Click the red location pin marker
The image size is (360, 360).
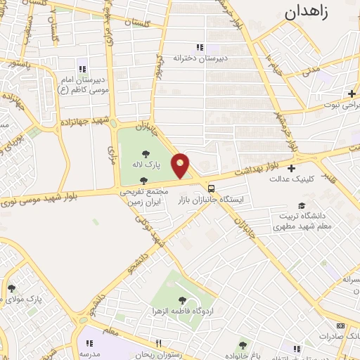181,166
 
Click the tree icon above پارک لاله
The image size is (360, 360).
146,153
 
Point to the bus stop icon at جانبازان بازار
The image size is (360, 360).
212,188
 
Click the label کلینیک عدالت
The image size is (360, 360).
291,178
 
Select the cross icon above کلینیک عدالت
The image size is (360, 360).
291,167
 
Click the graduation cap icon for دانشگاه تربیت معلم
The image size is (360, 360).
302,205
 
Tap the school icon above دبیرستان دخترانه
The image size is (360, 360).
200,47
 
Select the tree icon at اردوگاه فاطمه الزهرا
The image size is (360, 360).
182,300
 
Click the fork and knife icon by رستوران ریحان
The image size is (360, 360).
158,343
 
